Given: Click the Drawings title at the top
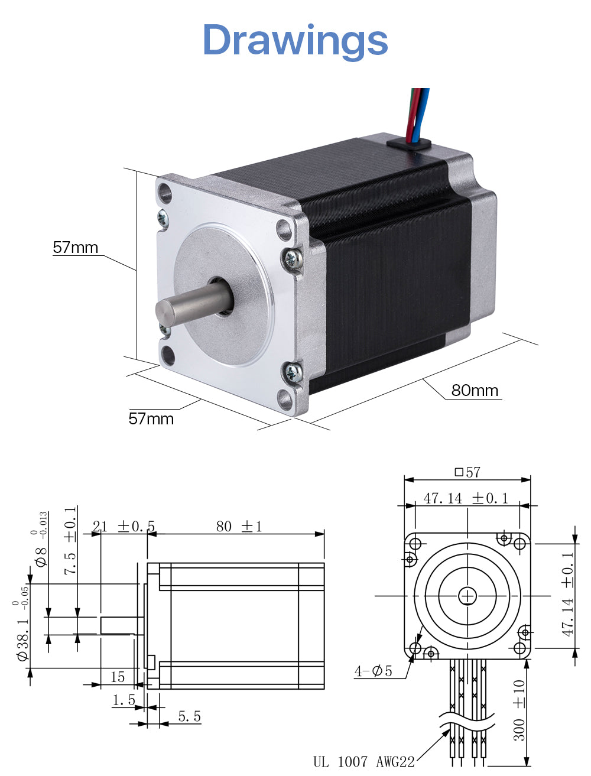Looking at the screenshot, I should tap(295, 40).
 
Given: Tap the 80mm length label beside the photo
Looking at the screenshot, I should tap(475, 391).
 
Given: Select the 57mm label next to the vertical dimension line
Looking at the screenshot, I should tap(76, 248).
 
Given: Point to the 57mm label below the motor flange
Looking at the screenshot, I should tap(151, 419).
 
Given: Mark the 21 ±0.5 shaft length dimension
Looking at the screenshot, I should tap(124, 526).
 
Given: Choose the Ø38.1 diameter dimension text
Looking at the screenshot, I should tap(23, 631).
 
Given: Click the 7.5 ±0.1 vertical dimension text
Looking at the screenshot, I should tap(70, 541).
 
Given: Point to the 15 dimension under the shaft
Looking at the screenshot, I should tap(118, 677).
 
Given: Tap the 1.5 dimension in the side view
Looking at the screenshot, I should tap(124, 700).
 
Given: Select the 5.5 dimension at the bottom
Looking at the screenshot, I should tap(189, 717).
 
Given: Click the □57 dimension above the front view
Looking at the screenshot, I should tap(467, 472).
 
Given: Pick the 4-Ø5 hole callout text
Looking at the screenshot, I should tap(373, 671).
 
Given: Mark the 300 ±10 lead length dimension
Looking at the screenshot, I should tap(519, 709).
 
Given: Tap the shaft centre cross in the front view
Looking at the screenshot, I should tap(467, 596).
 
